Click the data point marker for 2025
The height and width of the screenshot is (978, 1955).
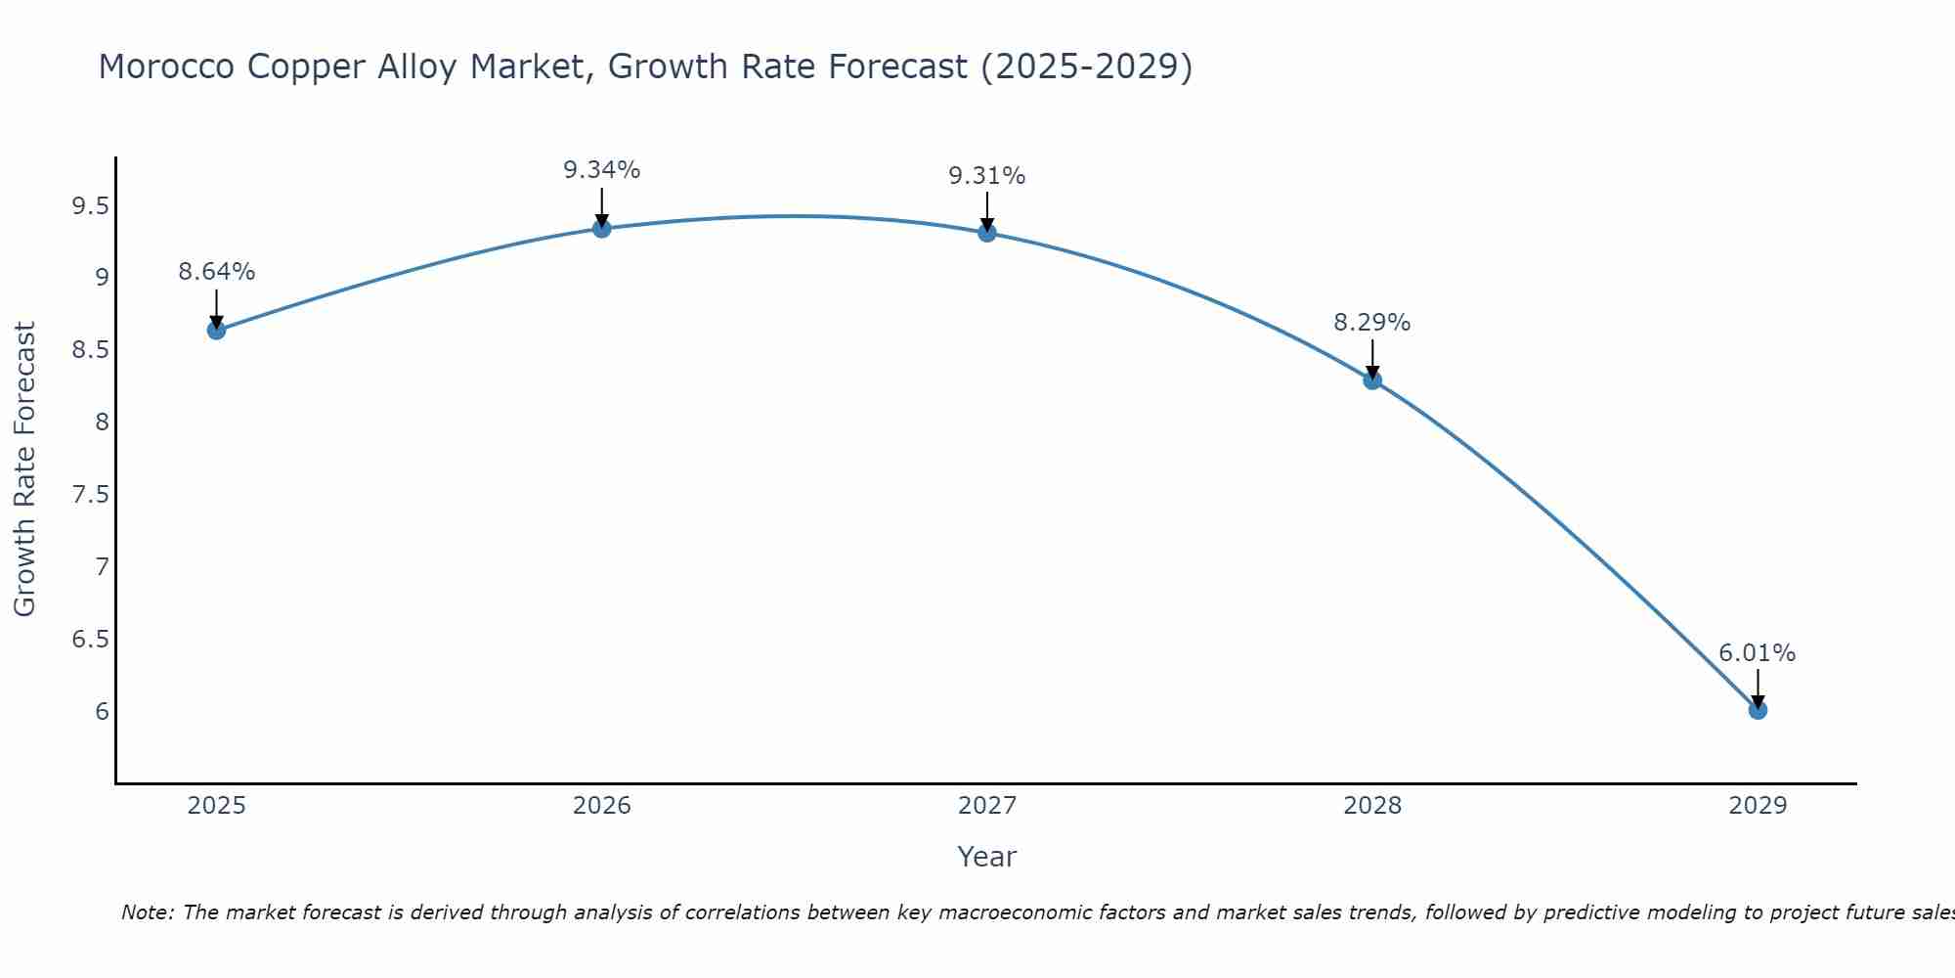pyautogui.click(x=216, y=331)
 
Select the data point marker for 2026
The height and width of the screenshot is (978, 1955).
pyautogui.click(x=602, y=229)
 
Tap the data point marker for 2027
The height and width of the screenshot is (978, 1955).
pyautogui.click(x=987, y=233)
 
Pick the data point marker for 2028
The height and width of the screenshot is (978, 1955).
pyautogui.click(x=1372, y=380)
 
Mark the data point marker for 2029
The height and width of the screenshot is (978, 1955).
pyautogui.click(x=1758, y=710)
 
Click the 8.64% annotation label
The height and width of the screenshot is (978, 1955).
pyautogui.click(x=216, y=272)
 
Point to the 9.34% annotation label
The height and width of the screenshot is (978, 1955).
pyautogui.click(x=602, y=170)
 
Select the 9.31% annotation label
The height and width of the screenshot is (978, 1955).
pyautogui.click(x=987, y=176)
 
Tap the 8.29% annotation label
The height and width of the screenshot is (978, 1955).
pyautogui.click(x=1372, y=323)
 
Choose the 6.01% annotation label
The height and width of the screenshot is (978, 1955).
pyautogui.click(x=1758, y=653)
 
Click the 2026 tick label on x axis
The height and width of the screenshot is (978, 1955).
pyautogui.click(x=602, y=806)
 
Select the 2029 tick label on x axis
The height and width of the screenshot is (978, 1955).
pyautogui.click(x=1758, y=806)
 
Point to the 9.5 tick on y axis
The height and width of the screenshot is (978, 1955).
pyautogui.click(x=90, y=206)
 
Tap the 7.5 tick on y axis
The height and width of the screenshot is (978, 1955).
pyautogui.click(x=90, y=495)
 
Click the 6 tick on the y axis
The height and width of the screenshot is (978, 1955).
pyautogui.click(x=103, y=711)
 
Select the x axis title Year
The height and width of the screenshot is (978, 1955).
pyautogui.click(x=987, y=857)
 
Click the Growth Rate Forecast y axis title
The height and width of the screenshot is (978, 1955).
pyautogui.click(x=24, y=469)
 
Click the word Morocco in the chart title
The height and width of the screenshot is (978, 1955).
pyautogui.click(x=166, y=67)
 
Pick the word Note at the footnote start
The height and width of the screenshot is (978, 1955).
pyautogui.click(x=147, y=912)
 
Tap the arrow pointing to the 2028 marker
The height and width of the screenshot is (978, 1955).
pyautogui.click(x=1372, y=359)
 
